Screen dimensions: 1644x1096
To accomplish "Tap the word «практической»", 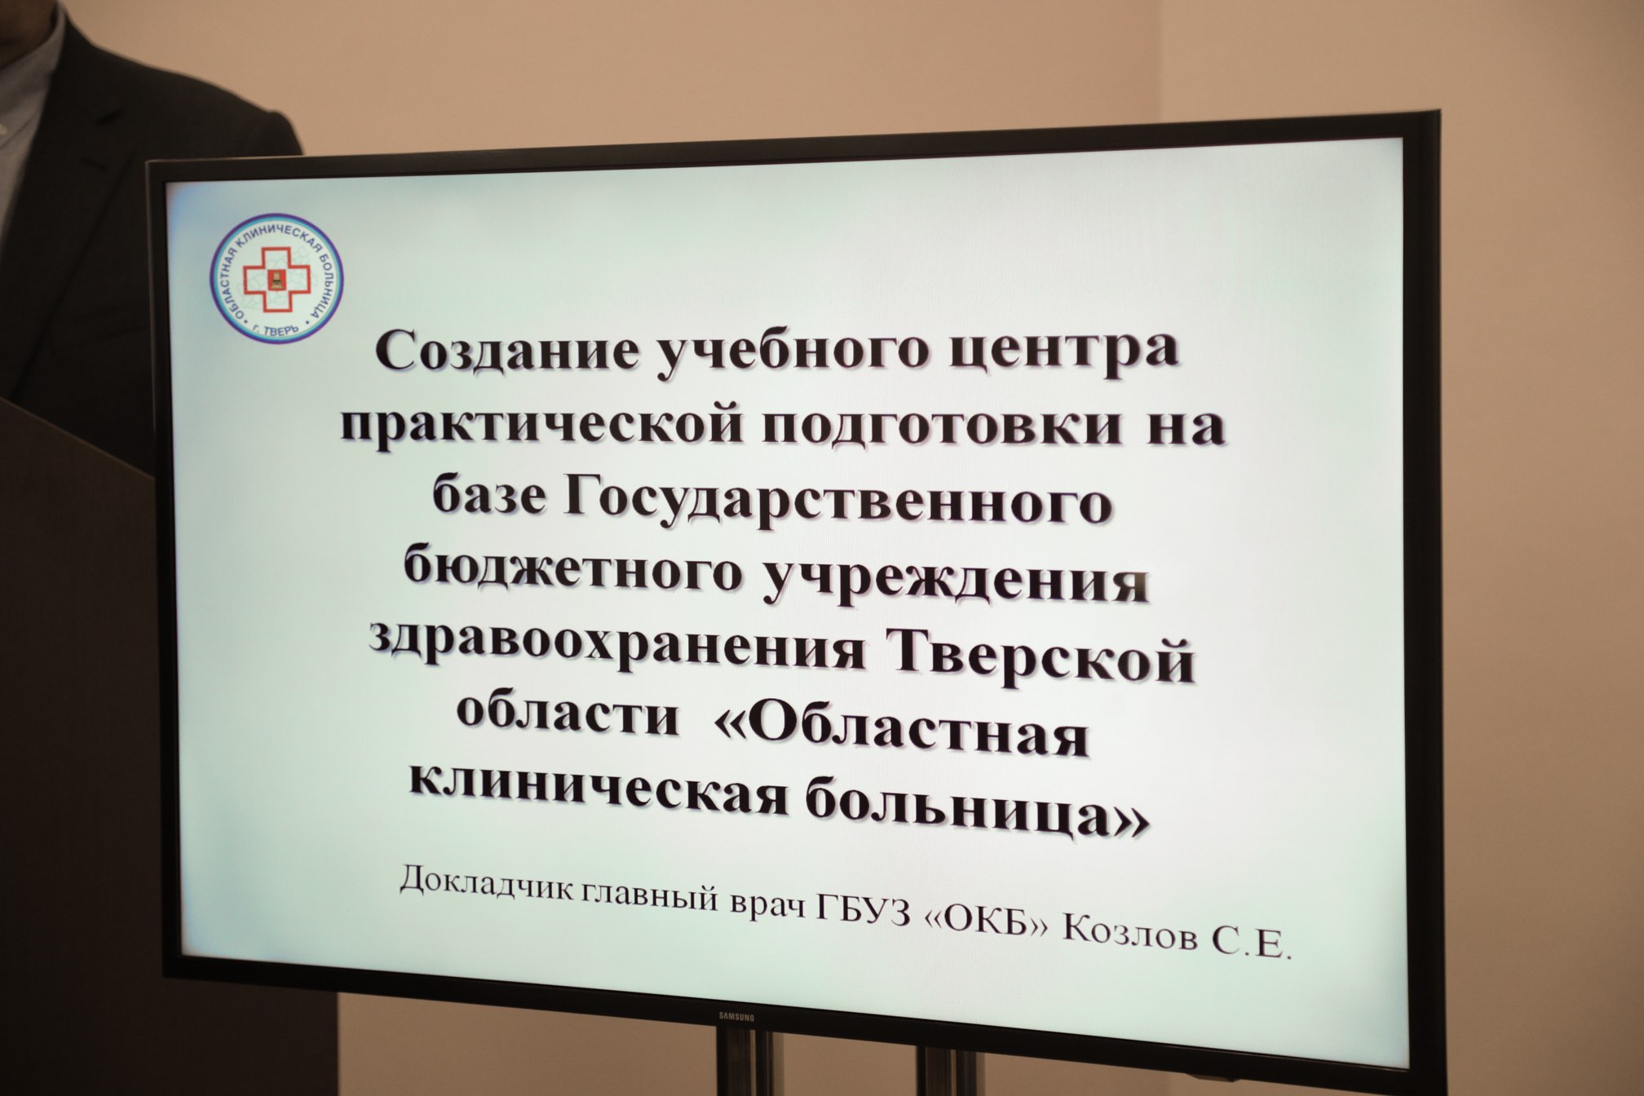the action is [541, 425].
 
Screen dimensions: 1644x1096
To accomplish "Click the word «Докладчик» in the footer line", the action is [488, 882].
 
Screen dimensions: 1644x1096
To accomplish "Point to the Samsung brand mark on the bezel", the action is [736, 1017].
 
